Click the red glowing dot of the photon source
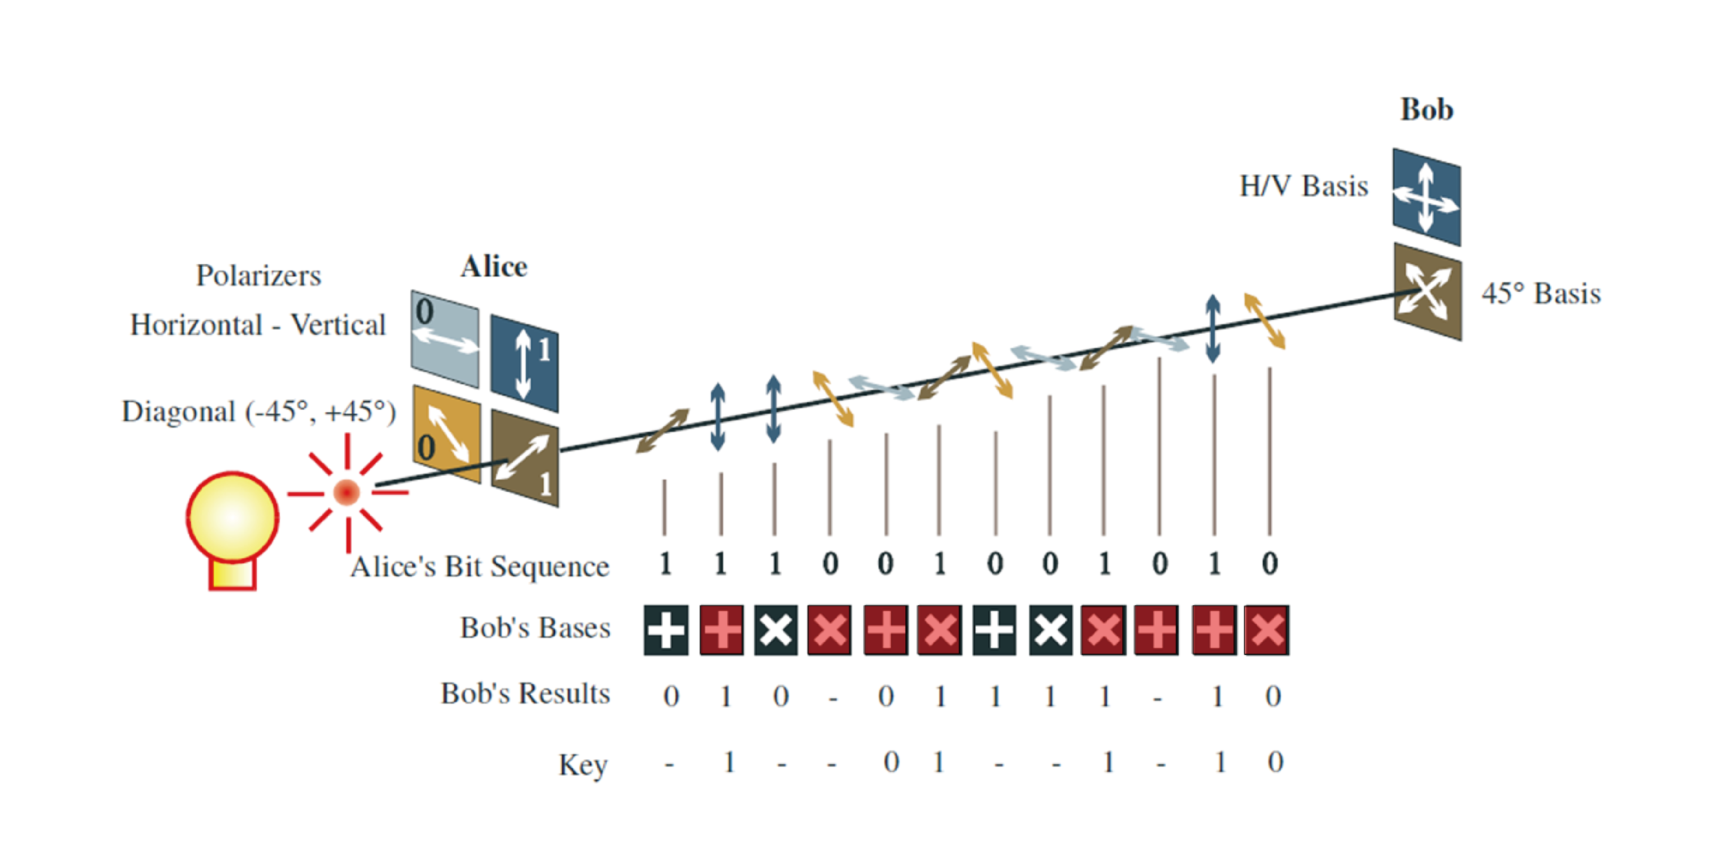pyautogui.click(x=347, y=493)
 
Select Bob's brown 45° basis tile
pyautogui.click(x=1428, y=292)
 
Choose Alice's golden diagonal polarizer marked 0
pyautogui.click(x=446, y=434)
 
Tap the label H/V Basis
pyautogui.click(x=1303, y=186)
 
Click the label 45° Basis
pyautogui.click(x=1541, y=294)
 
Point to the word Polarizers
pyautogui.click(x=258, y=276)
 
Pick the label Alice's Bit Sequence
pyautogui.click(x=479, y=567)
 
